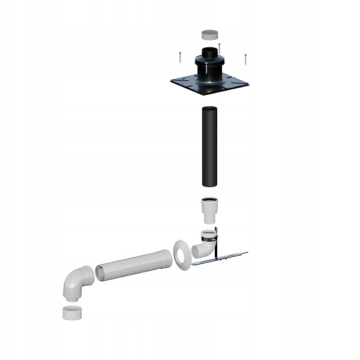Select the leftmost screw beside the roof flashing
pyautogui.click(x=179, y=57)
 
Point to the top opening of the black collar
pyautogui.click(x=210, y=50)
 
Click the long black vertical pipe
pyautogui.click(x=210, y=146)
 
